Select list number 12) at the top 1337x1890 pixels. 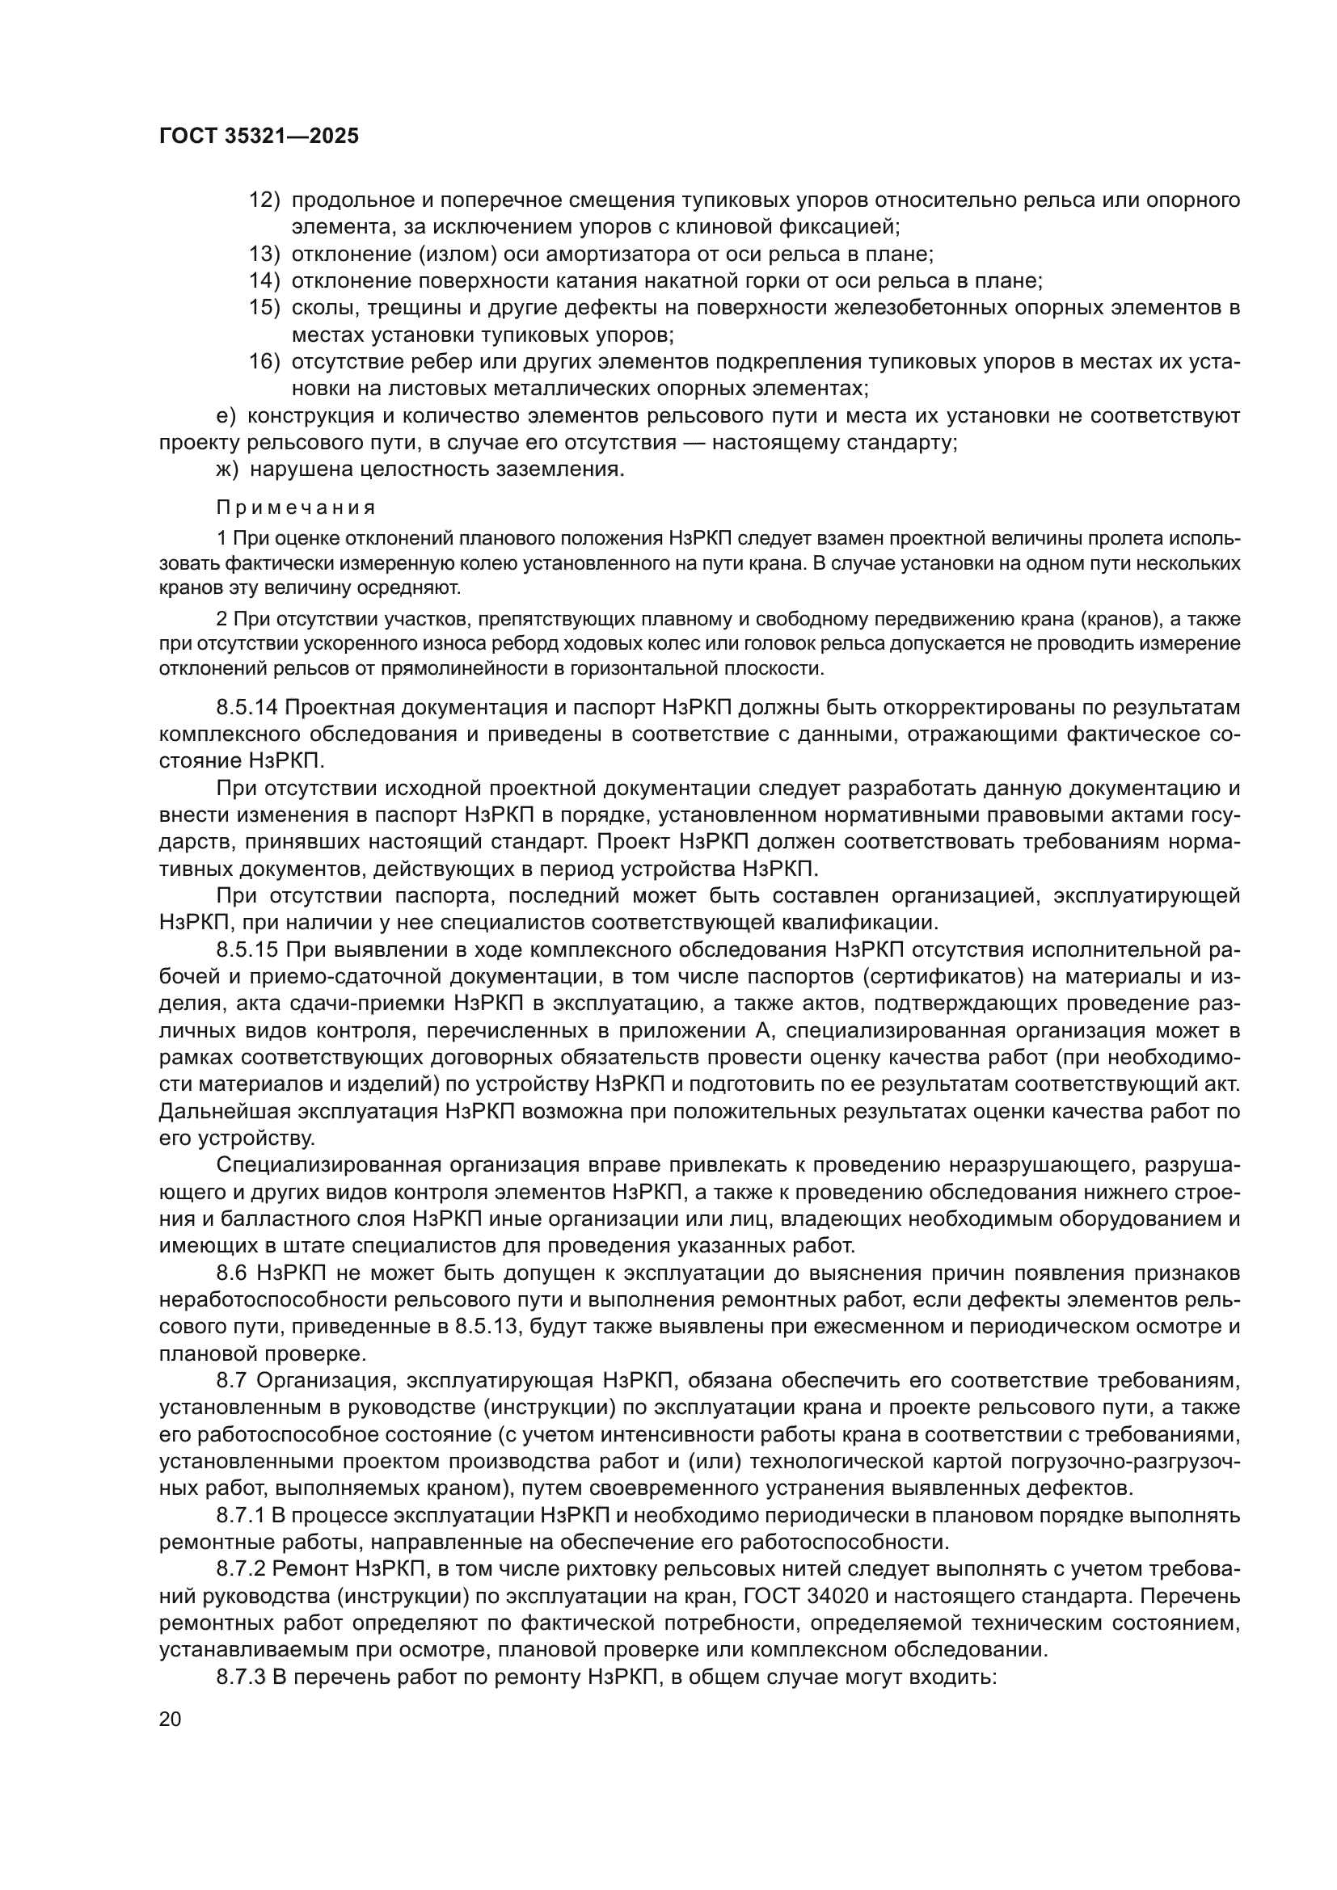[264, 200]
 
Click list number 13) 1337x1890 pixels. [264, 255]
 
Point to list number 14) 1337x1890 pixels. [264, 281]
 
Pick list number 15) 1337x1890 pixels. [264, 309]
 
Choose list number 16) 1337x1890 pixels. [264, 362]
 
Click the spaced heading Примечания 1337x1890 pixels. [297, 507]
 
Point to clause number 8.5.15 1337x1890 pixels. [248, 950]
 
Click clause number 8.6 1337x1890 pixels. [234, 1273]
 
